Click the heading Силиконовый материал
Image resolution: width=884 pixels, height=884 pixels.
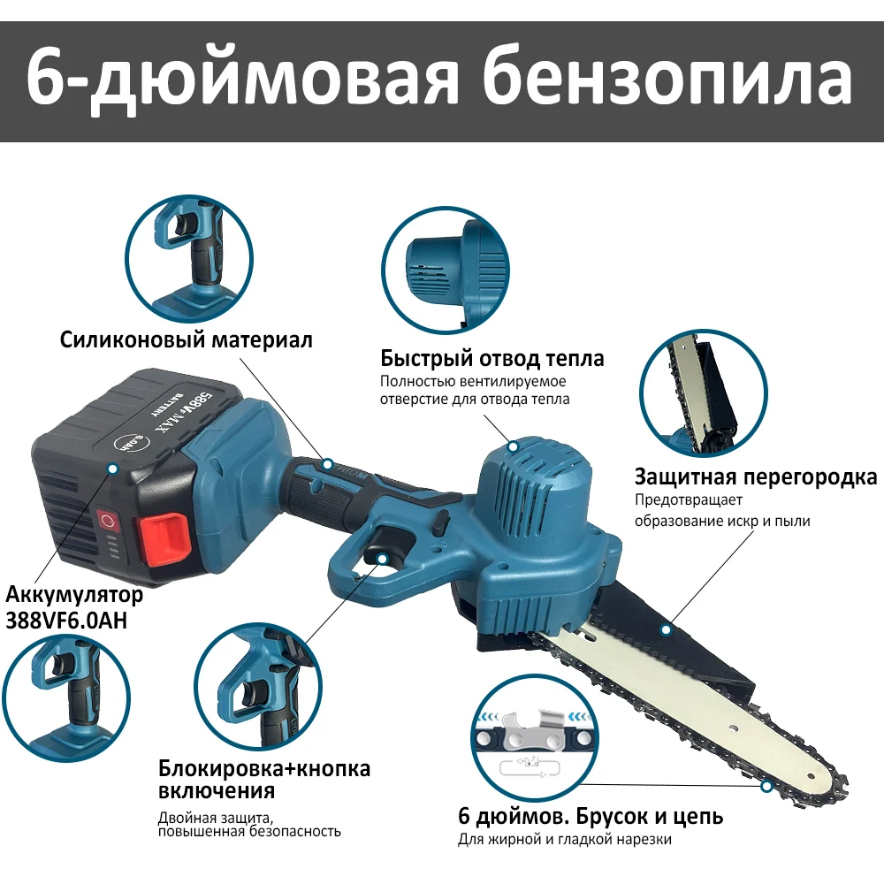[x=186, y=339]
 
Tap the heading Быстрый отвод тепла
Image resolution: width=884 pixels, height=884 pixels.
[x=492, y=358]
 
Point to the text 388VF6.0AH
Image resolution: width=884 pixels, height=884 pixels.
[x=66, y=621]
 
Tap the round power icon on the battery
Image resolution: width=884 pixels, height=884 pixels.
[x=108, y=521]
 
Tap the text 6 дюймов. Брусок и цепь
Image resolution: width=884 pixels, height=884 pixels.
[x=591, y=816]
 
